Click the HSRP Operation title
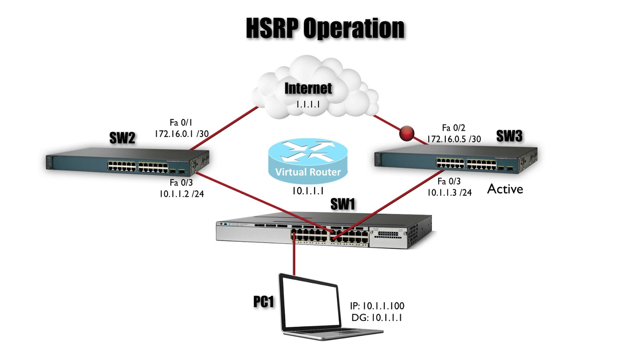(325, 28)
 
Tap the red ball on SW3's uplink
(407, 133)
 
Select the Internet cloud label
(308, 88)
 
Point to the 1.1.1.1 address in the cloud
(308, 105)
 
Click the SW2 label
(122, 138)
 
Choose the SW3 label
(509, 136)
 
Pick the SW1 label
(342, 204)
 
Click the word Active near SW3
(505, 189)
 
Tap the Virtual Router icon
(308, 161)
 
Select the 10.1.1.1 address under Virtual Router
(308, 191)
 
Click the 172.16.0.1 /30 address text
(182, 134)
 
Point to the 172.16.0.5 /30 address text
(454, 139)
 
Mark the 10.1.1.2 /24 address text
(182, 194)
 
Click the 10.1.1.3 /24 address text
(449, 193)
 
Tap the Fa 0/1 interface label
(181, 123)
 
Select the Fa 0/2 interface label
(454, 128)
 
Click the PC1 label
(264, 302)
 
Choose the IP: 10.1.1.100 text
(377, 306)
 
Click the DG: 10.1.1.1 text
(377, 318)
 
